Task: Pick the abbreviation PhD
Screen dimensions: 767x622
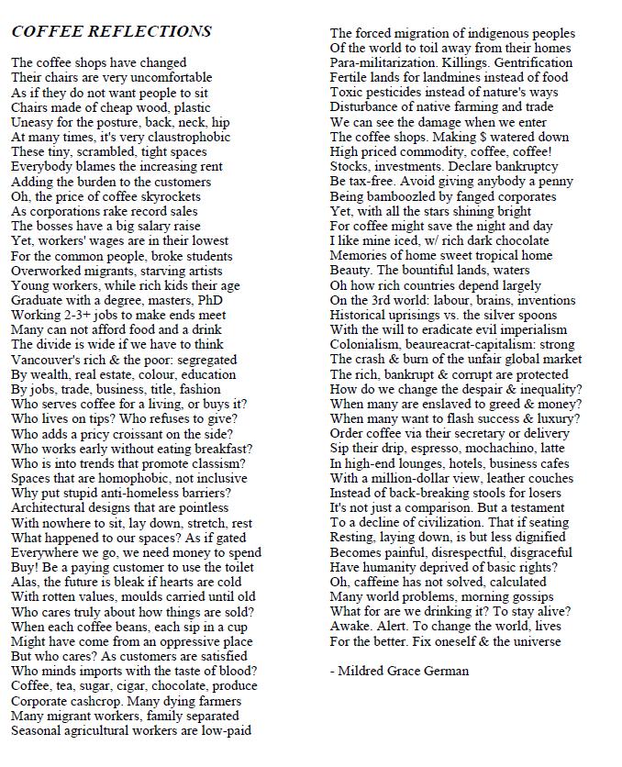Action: click(x=210, y=300)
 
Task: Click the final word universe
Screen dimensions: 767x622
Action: click(x=537, y=640)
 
